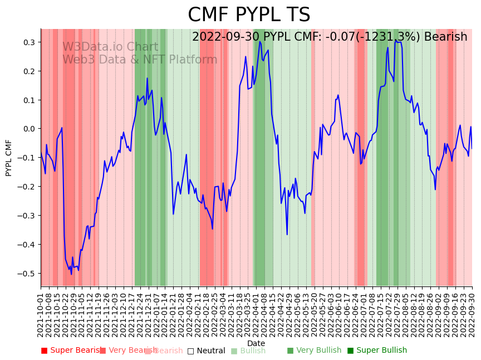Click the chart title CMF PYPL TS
coord(249,15)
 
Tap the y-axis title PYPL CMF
coord(8,158)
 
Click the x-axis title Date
coord(256,343)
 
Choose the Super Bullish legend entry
coord(377,351)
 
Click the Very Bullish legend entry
coord(314,351)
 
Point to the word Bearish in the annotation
coord(445,37)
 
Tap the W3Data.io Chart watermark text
coord(110,47)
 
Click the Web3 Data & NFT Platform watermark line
coord(140,60)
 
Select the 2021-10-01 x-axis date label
coord(41,315)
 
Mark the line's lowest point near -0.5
coord(71,274)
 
